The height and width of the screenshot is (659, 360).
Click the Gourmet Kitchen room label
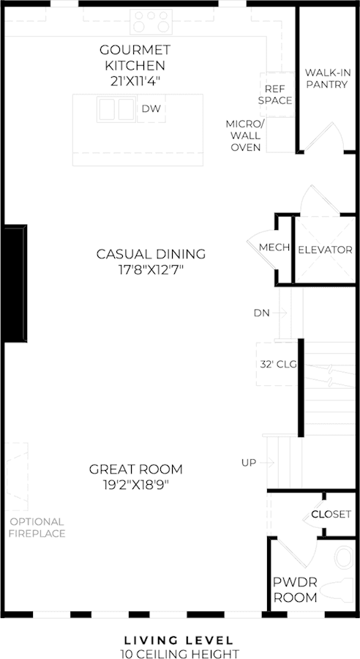click(135, 65)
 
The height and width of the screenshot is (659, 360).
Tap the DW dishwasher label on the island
click(151, 108)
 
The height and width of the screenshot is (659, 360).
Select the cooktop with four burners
click(151, 21)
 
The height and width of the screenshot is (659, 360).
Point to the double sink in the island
click(116, 109)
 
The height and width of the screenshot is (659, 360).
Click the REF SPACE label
click(275, 94)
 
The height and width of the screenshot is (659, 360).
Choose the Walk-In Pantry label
click(327, 78)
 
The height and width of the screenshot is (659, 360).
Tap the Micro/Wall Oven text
click(246, 135)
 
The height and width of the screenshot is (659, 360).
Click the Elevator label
click(325, 250)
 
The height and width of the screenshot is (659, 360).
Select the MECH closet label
click(274, 247)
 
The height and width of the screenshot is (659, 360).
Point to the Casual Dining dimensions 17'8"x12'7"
click(151, 269)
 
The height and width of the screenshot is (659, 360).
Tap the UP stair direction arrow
click(268, 463)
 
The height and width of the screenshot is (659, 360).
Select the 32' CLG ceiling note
click(278, 365)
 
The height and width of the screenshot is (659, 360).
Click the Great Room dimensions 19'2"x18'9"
click(135, 485)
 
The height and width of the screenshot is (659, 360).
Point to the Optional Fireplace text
click(38, 528)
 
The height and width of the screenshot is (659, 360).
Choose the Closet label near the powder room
click(331, 515)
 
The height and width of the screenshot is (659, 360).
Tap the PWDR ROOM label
click(296, 589)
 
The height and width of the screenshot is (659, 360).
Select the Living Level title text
click(179, 641)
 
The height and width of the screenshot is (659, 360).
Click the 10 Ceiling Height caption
click(179, 654)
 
